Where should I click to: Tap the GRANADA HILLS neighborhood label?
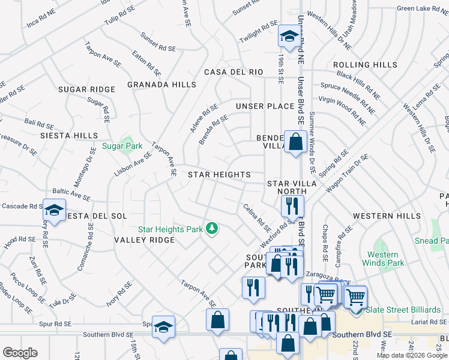click(x=161, y=85)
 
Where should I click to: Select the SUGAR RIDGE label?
click(x=86, y=89)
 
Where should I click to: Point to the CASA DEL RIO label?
click(x=234, y=72)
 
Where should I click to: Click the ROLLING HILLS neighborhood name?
click(x=365, y=65)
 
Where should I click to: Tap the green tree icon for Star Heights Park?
click(x=211, y=228)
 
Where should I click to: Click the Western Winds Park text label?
click(x=384, y=259)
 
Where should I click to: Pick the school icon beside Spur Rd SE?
click(x=163, y=327)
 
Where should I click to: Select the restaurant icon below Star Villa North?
click(x=292, y=206)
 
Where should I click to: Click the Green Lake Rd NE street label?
click(x=423, y=8)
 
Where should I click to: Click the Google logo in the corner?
click(x=20, y=353)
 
